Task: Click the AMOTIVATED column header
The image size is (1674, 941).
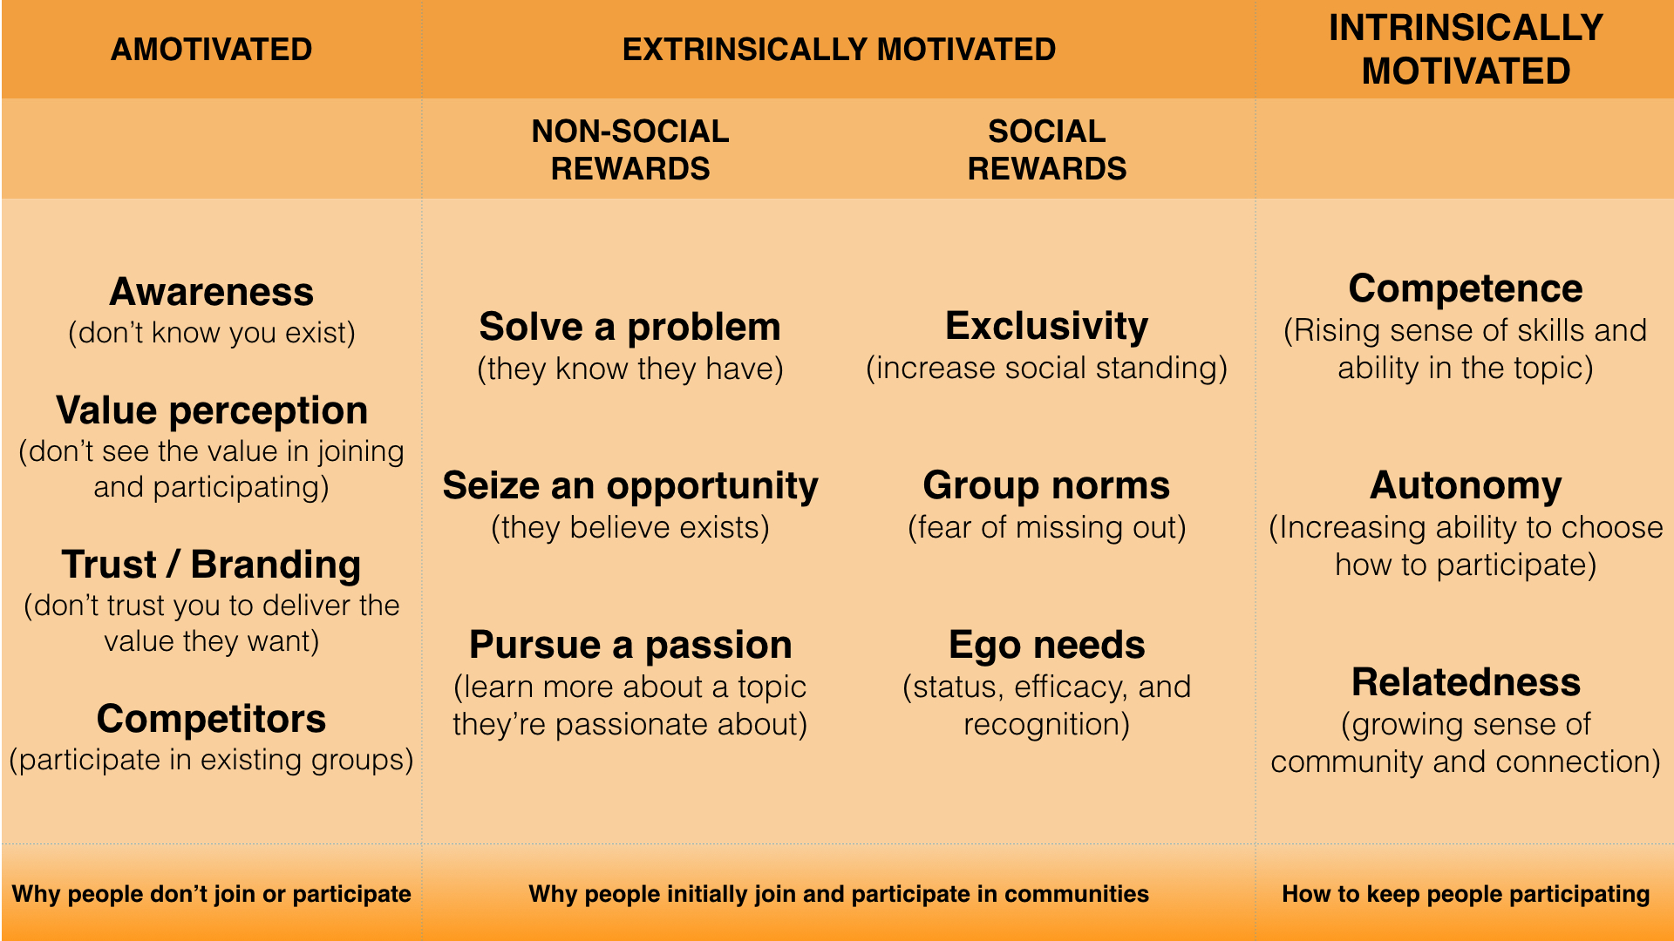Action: (211, 50)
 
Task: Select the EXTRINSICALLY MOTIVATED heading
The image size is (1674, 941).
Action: (839, 50)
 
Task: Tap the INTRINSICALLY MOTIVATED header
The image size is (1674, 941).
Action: (1466, 50)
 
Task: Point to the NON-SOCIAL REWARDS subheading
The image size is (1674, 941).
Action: (630, 150)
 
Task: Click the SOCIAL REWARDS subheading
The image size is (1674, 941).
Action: (1047, 150)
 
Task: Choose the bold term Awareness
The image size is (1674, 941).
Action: (211, 292)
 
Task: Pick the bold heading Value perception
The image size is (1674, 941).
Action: (212, 410)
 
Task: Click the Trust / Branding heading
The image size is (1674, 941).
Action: (211, 565)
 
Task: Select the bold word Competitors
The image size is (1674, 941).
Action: (211, 719)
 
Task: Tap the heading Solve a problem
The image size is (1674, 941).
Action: (630, 327)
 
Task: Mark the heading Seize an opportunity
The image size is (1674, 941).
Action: (630, 486)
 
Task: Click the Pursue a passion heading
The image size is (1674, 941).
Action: (630, 646)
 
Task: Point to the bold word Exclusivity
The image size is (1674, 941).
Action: (1047, 326)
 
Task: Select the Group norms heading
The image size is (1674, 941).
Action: (1047, 485)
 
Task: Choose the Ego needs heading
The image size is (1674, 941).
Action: (1047, 646)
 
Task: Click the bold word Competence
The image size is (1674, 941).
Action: (1466, 288)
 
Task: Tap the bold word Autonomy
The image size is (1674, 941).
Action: (1466, 486)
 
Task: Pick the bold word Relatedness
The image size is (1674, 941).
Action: (1466, 682)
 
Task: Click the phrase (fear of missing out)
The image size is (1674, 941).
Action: (1047, 528)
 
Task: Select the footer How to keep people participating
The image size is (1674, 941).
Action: (1466, 894)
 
